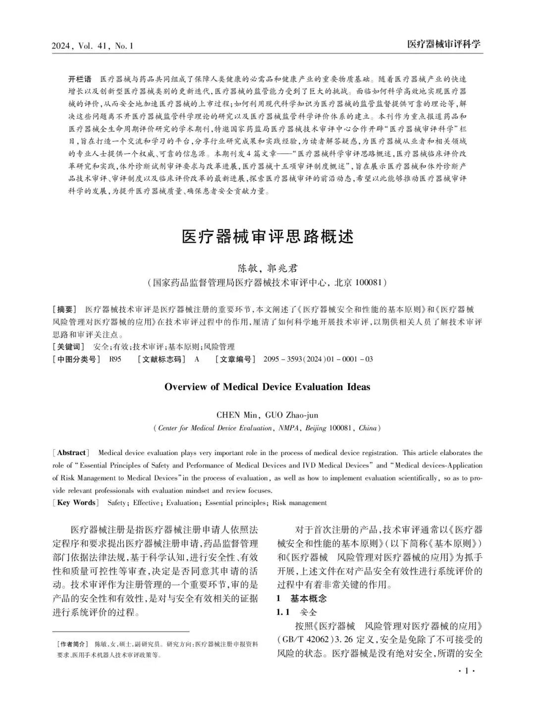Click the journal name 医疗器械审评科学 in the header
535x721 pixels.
coord(443,44)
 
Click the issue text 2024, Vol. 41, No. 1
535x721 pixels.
coord(93,46)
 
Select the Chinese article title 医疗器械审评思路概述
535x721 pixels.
coord(267,237)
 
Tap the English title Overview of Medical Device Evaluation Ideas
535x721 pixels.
coord(267,387)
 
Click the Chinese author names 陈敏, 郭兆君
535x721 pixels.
coord(267,268)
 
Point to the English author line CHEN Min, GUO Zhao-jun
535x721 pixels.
coord(267,414)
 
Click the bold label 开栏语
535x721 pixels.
coord(80,79)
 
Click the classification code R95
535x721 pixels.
coord(115,359)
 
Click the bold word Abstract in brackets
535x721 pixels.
coord(71,453)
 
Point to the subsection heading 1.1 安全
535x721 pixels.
coord(296,612)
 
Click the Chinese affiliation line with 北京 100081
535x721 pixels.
coord(267,283)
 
